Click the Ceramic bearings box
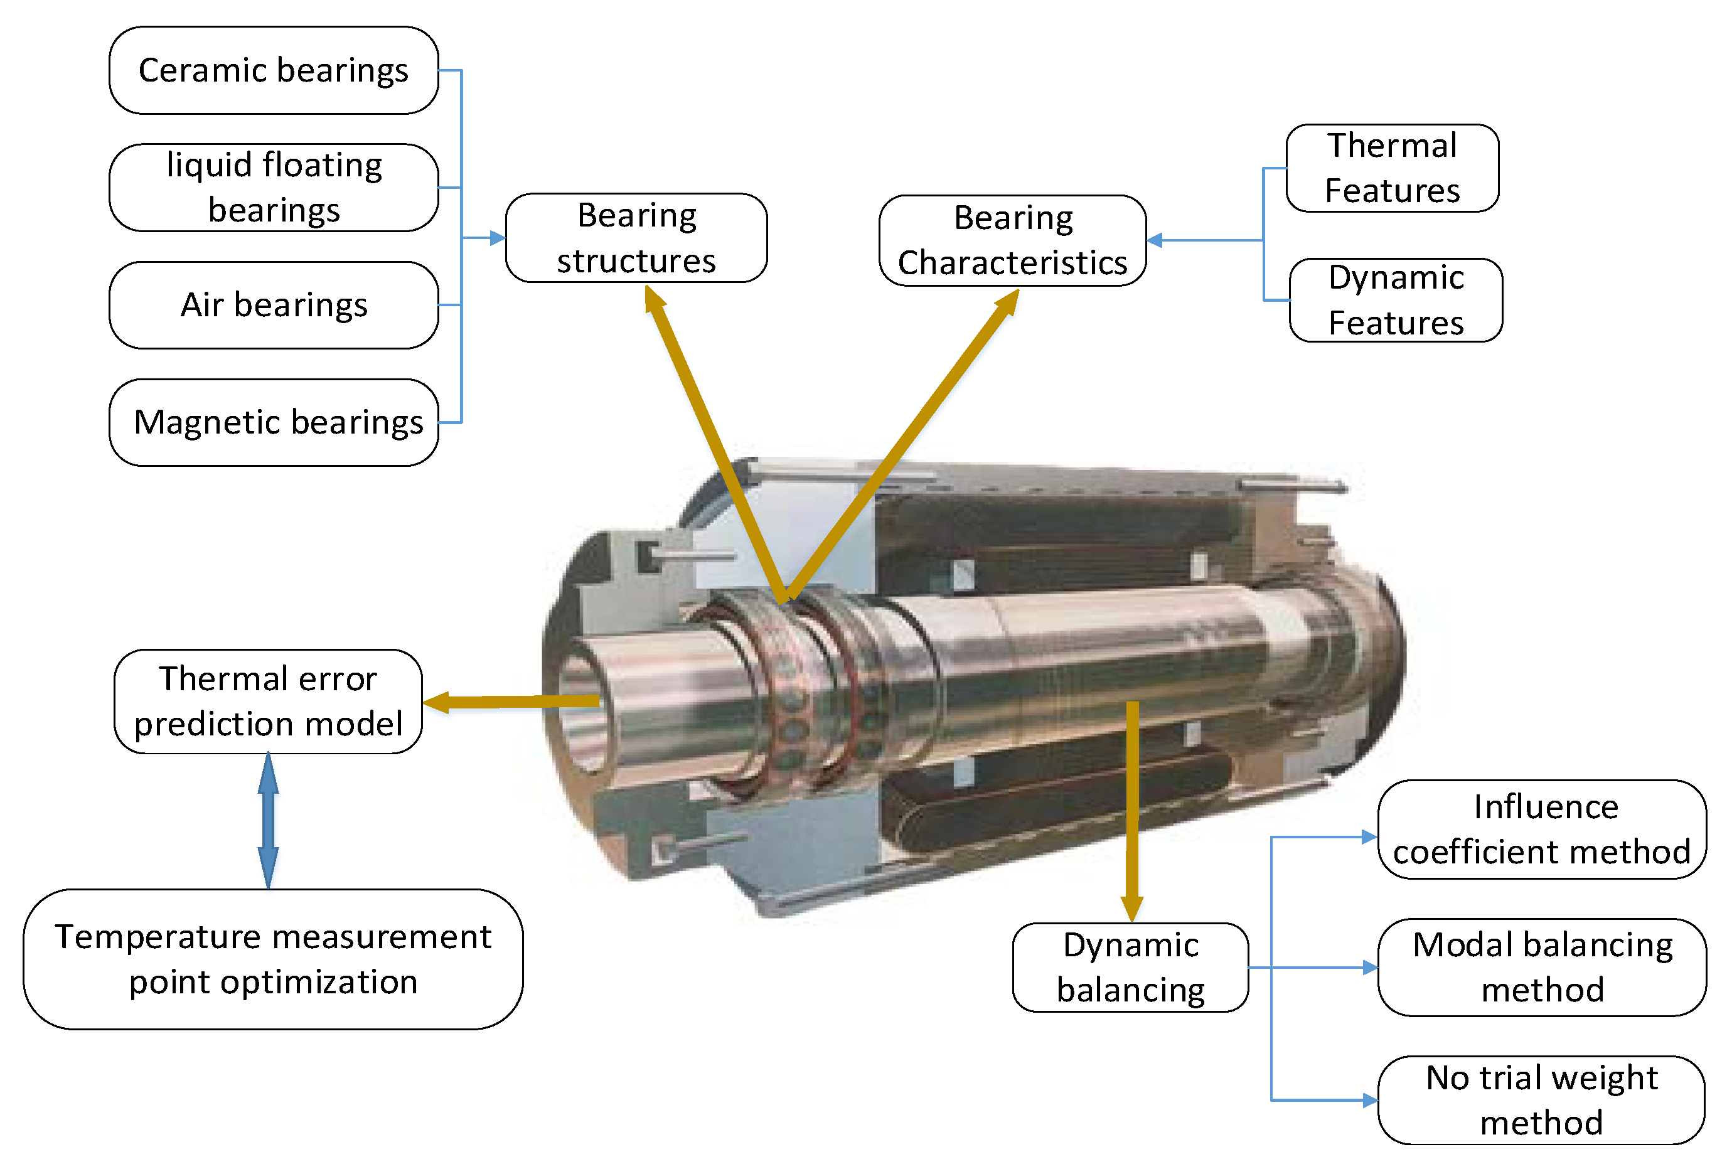point(274,70)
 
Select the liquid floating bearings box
point(274,187)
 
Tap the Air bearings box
point(274,305)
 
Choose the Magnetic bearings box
point(274,422)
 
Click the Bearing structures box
point(636,238)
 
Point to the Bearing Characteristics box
point(1012,240)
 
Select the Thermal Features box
point(1392,168)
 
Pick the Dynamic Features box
point(1396,300)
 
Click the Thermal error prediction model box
point(268,702)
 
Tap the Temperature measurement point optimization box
point(273,959)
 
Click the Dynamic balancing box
point(1130,968)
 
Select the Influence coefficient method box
point(1542,830)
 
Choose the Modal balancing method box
point(1542,968)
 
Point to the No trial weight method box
point(1541,1101)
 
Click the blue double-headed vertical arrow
point(268,821)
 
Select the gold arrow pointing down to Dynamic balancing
point(1131,810)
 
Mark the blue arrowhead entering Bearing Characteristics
point(1155,240)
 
